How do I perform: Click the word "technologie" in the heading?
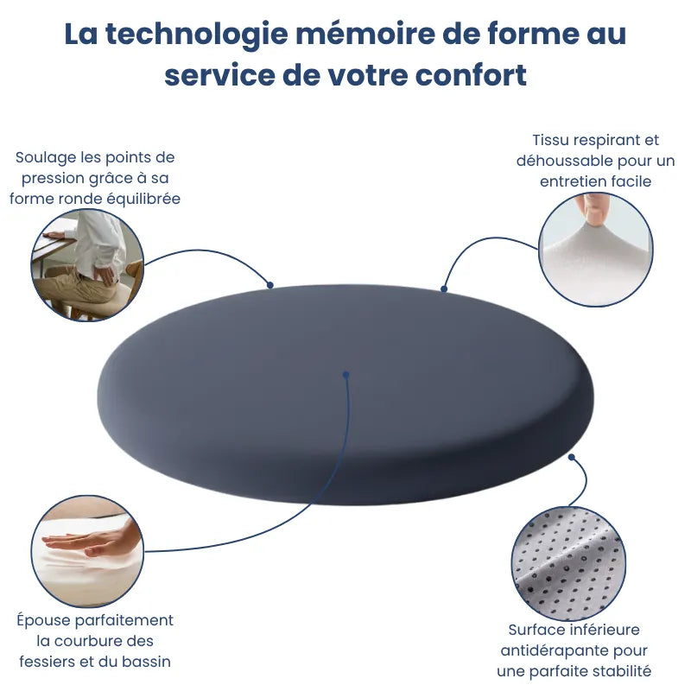[192, 35]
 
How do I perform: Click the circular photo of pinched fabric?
[595, 250]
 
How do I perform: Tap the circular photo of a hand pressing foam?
[87, 551]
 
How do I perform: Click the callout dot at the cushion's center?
[346, 375]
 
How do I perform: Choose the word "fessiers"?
[48, 662]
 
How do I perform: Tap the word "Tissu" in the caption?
[550, 140]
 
